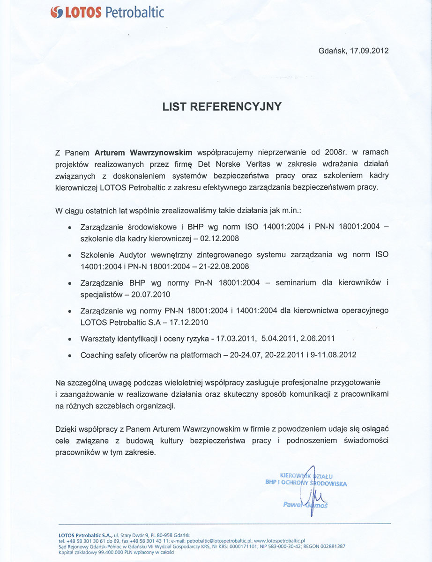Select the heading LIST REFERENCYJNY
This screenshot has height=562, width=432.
tap(222, 107)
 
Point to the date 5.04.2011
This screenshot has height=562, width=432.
tap(266, 338)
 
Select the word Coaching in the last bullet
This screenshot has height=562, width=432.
tap(97, 355)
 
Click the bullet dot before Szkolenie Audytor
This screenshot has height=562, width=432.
tap(69, 256)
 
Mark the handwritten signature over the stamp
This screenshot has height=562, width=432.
tap(312, 492)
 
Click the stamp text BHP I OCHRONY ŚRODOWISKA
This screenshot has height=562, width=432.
tap(306, 483)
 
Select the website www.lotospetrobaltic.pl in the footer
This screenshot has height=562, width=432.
tap(279, 540)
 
